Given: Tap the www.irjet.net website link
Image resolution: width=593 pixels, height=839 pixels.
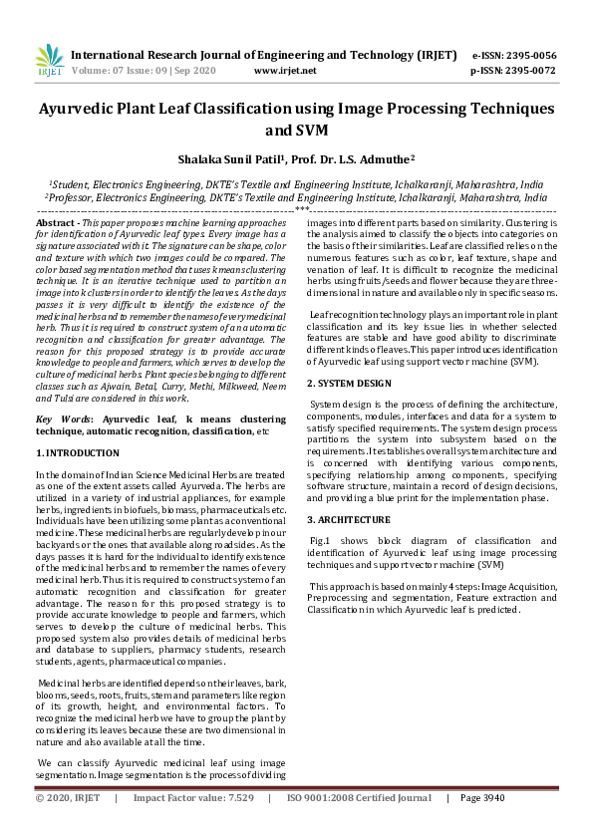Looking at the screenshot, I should [285, 71].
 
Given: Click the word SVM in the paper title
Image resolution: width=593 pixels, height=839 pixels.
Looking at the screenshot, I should [312, 130].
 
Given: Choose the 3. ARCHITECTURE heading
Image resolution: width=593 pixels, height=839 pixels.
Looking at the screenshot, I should [348, 520].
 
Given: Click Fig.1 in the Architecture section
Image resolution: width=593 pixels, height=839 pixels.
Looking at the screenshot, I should [322, 539].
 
